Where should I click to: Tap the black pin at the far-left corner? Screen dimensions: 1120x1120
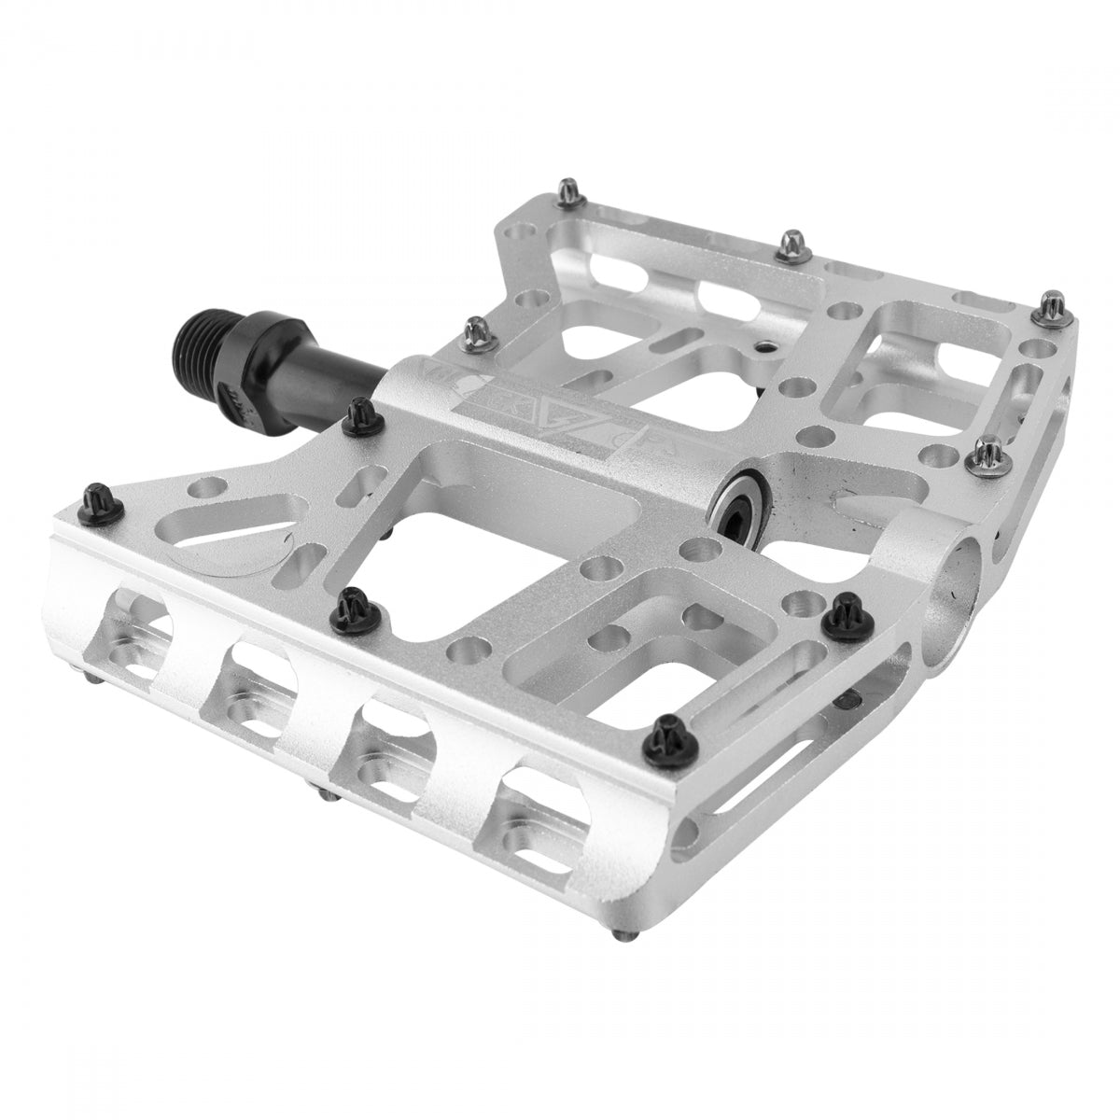tap(96, 493)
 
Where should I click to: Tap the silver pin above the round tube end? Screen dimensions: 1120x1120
tap(986, 450)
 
